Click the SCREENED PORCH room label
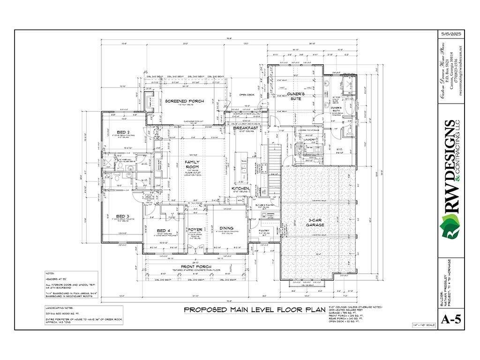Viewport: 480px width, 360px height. (x=183, y=101)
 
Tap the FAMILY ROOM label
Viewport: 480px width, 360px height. (x=192, y=164)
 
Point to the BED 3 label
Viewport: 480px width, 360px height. (x=122, y=217)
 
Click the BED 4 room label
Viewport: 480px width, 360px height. (x=164, y=230)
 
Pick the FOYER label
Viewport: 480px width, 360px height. (x=195, y=230)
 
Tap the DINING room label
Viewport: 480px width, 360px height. (x=226, y=228)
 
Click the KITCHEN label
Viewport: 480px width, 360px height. (x=240, y=188)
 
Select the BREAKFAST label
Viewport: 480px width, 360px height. (x=246, y=127)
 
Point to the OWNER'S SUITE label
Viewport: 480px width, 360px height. (x=295, y=97)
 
